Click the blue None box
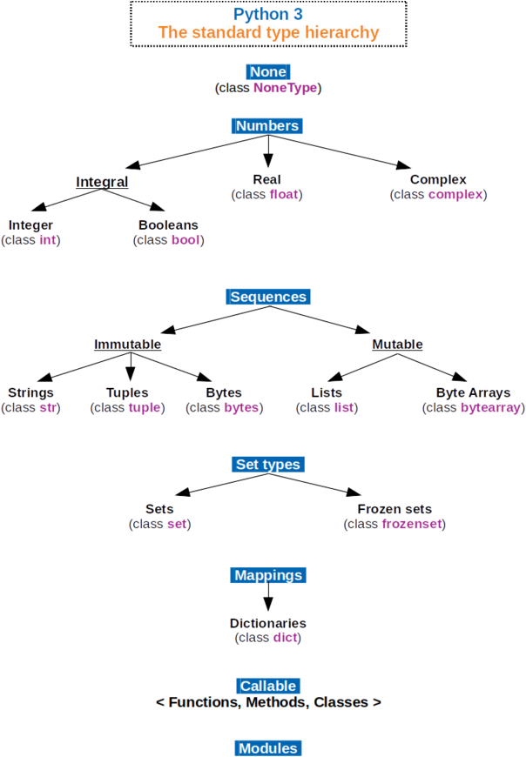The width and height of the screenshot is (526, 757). pyautogui.click(x=267, y=72)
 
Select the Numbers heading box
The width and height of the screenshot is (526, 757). pyautogui.click(x=267, y=126)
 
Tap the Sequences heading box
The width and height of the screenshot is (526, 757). pyautogui.click(x=268, y=297)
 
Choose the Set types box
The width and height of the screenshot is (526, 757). pyautogui.click(x=268, y=465)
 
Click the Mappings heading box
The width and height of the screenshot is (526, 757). pyautogui.click(x=268, y=575)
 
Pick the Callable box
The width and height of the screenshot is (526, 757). pyautogui.click(x=268, y=686)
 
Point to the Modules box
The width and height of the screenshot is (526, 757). pyautogui.click(x=268, y=748)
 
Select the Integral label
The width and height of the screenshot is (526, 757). pyautogui.click(x=102, y=183)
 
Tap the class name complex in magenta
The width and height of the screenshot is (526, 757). pyautogui.click(x=455, y=195)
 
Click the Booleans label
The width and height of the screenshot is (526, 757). pyautogui.click(x=168, y=225)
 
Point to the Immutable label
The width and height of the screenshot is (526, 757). pyautogui.click(x=127, y=345)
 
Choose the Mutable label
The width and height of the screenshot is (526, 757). pyautogui.click(x=397, y=345)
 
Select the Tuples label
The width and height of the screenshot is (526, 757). pyautogui.click(x=127, y=393)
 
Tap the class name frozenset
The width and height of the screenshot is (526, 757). pyautogui.click(x=412, y=524)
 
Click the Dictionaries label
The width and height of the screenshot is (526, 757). pyautogui.click(x=268, y=624)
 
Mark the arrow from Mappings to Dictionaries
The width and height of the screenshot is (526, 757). pyautogui.click(x=268, y=599)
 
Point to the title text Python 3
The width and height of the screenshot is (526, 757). pyautogui.click(x=268, y=15)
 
